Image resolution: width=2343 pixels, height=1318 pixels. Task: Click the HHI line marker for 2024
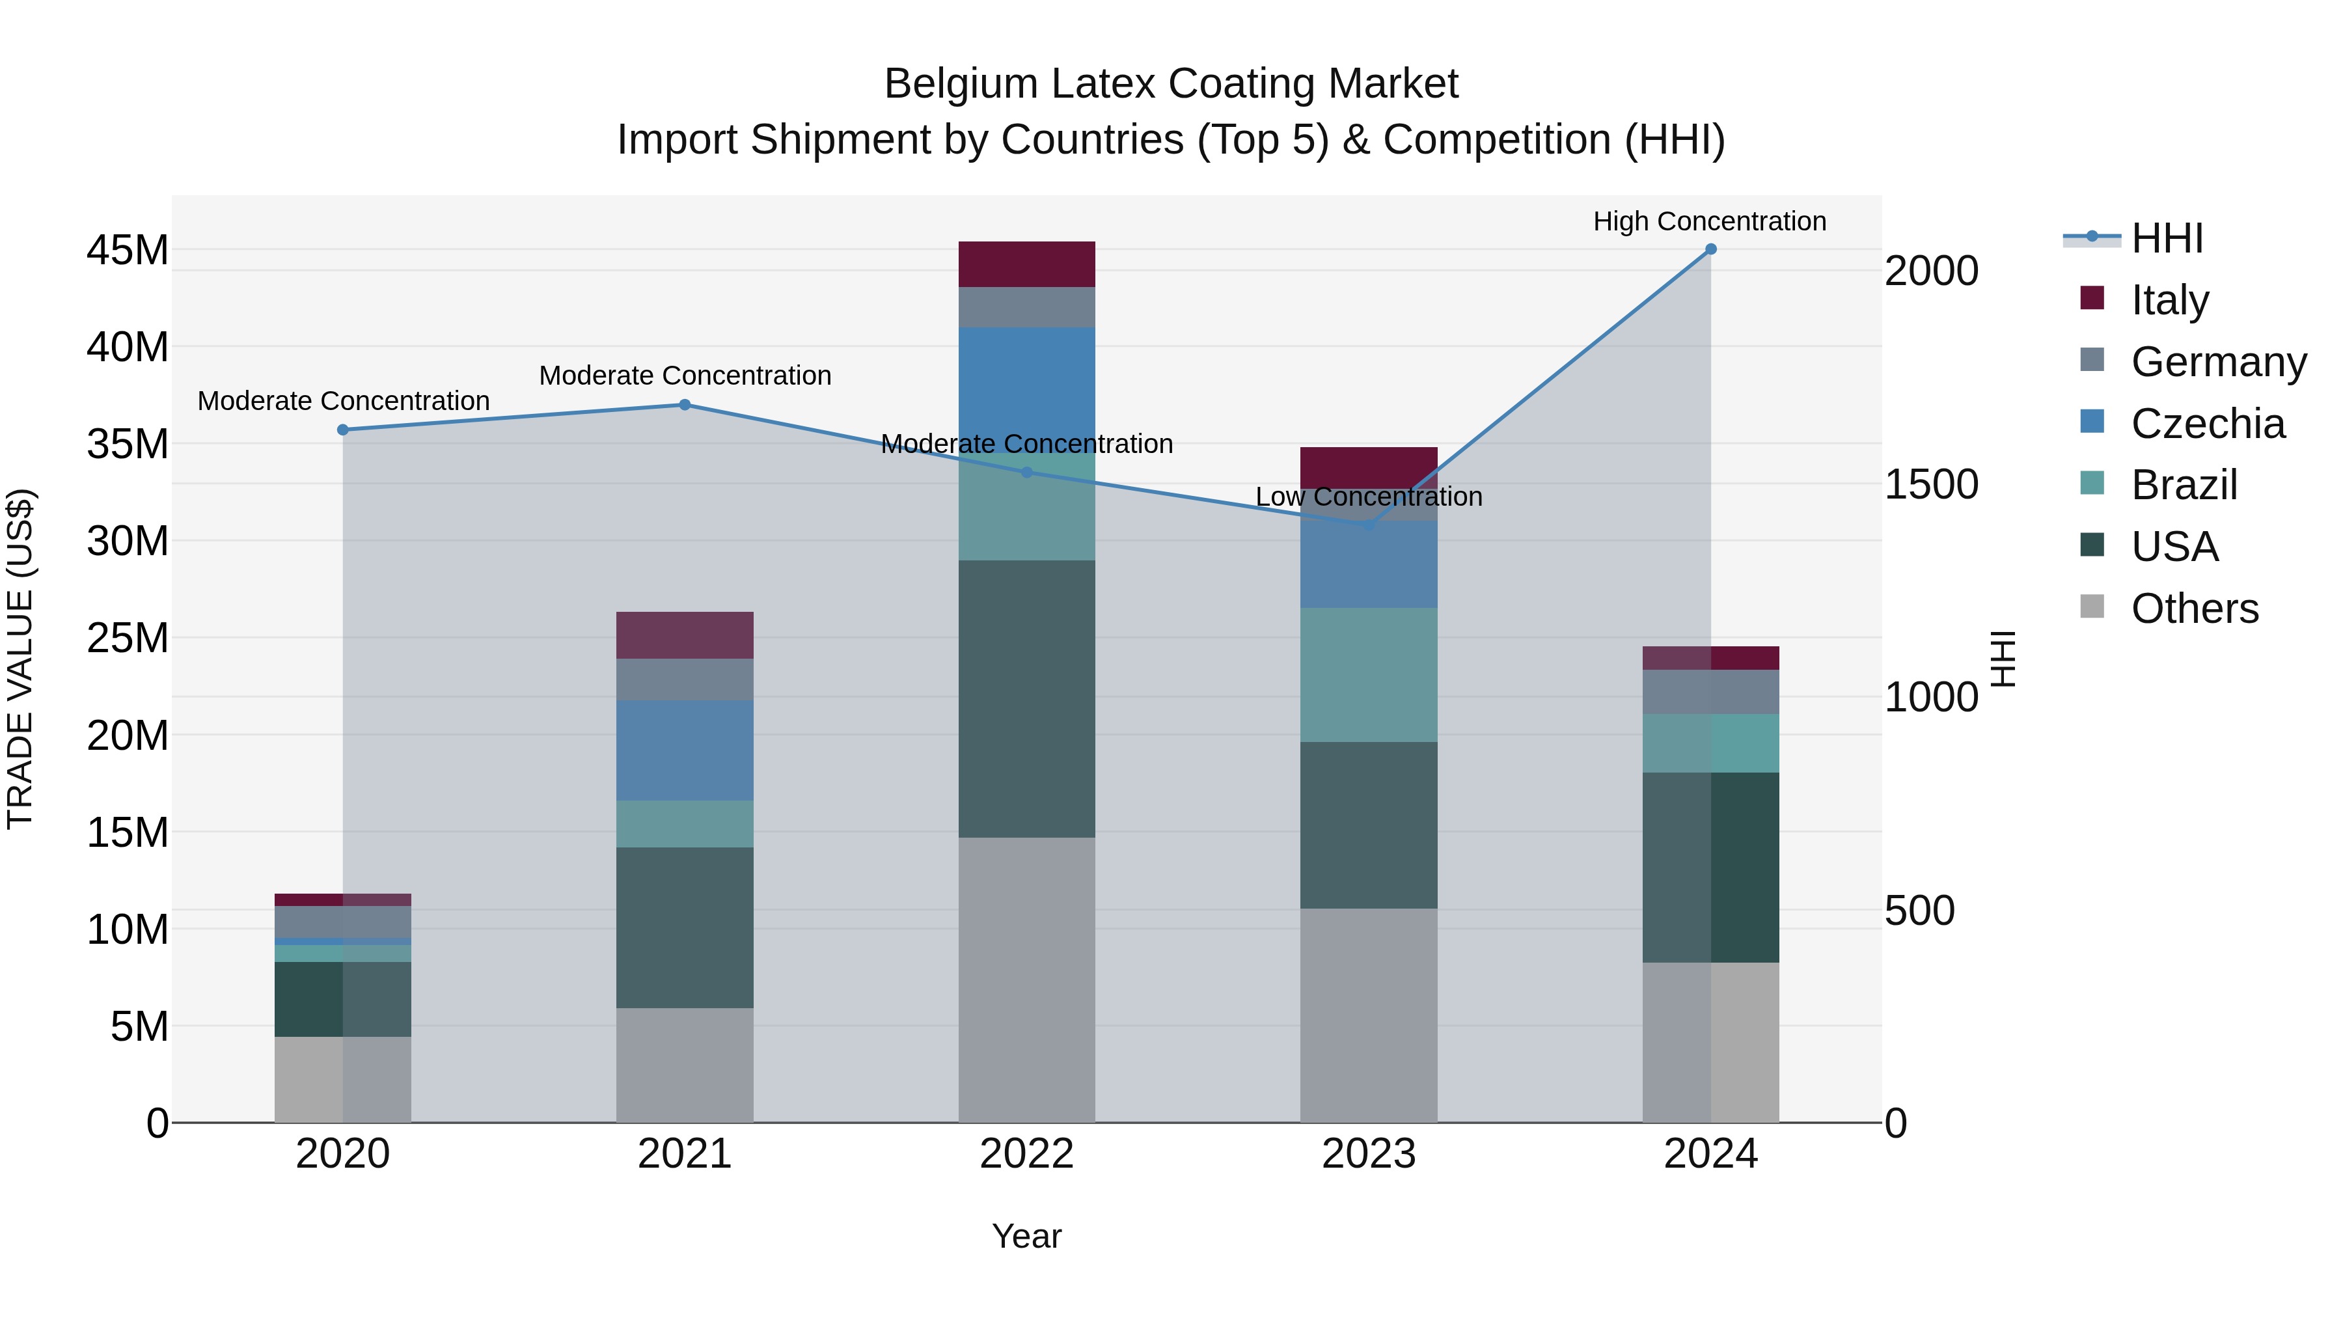tap(1710, 249)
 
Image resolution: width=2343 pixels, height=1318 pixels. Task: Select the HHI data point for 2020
tap(343, 430)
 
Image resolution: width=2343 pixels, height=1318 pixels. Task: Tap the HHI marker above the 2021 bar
tap(685, 405)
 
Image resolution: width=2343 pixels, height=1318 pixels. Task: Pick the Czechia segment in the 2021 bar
tap(685, 750)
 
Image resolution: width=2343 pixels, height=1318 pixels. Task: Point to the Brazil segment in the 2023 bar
tap(1368, 674)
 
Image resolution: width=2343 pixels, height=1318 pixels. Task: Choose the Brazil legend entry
tap(2183, 485)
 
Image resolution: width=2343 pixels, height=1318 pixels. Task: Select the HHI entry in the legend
tap(2167, 238)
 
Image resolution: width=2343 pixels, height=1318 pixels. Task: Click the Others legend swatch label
tap(2194, 609)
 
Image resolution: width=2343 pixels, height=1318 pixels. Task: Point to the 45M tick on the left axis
tap(128, 250)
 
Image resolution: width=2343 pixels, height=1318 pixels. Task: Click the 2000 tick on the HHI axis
tap(1931, 271)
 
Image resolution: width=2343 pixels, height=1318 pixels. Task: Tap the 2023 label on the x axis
tap(1368, 1154)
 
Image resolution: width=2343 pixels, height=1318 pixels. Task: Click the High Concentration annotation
tap(1709, 221)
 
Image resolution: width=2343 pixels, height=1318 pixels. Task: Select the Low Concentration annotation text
tap(1368, 497)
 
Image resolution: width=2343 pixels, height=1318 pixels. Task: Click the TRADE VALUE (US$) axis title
tap(20, 659)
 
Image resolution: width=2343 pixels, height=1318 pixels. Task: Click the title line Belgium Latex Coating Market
tap(1171, 84)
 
